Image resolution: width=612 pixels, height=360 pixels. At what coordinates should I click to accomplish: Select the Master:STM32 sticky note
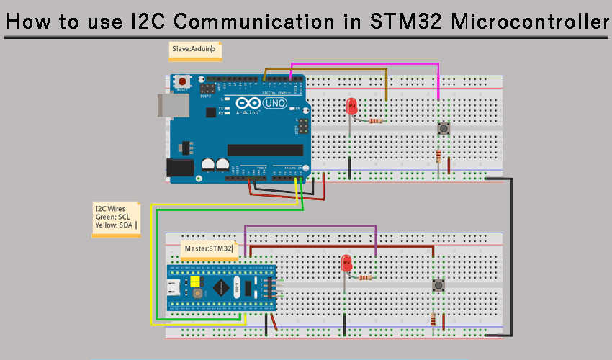209,248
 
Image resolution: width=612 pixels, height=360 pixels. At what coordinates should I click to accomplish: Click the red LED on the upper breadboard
352,107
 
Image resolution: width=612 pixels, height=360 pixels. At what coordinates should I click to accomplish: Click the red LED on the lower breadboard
346,263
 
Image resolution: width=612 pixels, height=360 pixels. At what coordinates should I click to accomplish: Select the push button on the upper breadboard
444,129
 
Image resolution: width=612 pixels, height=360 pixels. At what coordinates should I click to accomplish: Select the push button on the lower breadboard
437,286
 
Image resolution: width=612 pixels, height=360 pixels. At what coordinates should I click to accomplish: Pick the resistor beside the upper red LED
375,120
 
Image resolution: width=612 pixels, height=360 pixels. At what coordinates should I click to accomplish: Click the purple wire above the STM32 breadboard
310,226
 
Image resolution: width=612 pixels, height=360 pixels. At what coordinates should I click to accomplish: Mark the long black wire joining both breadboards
512,259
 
